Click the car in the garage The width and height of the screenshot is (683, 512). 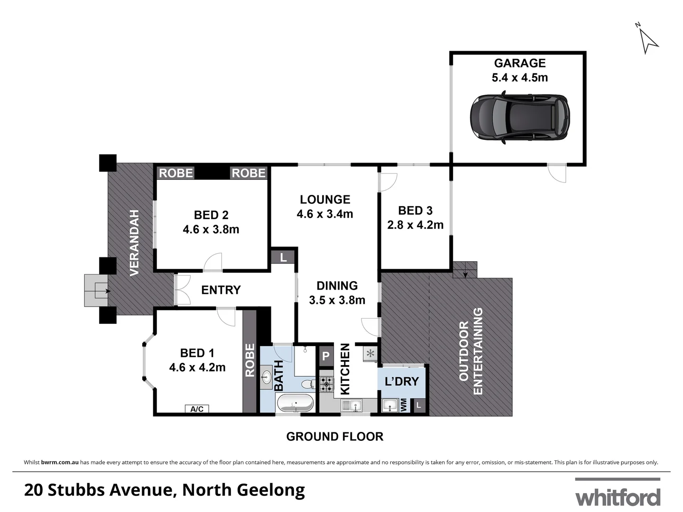pos(520,118)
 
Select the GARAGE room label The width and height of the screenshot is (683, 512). pos(520,63)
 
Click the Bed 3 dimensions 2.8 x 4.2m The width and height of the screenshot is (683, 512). pos(415,225)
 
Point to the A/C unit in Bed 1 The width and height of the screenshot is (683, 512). pos(197,409)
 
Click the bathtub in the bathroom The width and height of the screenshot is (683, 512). pos(295,403)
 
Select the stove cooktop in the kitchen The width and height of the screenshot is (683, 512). pos(326,384)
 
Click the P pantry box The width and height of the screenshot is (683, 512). pos(326,356)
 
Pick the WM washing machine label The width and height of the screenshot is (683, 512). pos(404,405)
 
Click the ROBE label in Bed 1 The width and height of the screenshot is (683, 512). pos(249,360)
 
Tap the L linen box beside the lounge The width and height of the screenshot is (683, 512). pos(283,258)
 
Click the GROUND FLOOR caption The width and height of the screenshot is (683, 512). pos(334,437)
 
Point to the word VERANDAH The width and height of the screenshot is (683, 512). pos(135,243)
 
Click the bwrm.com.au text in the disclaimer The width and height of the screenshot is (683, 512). pos(60,462)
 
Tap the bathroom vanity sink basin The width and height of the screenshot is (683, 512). pos(266,378)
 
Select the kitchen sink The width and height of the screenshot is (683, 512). pos(351,406)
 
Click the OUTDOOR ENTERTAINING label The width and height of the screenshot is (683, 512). pos(471,351)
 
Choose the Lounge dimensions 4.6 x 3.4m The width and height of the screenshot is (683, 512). pos(325,214)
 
